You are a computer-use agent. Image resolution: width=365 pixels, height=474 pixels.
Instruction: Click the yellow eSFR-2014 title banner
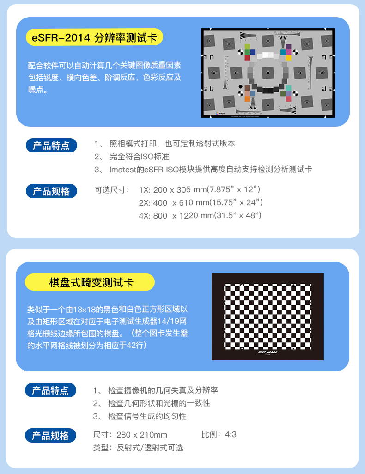click(x=95, y=37)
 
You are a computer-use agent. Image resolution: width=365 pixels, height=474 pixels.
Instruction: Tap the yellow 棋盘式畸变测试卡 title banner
click(x=90, y=282)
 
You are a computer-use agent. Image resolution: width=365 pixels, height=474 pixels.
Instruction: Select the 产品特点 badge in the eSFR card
click(x=51, y=146)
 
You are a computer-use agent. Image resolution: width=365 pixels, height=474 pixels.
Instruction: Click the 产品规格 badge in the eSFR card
click(x=51, y=191)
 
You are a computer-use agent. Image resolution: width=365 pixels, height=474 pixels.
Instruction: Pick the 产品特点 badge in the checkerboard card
click(x=50, y=390)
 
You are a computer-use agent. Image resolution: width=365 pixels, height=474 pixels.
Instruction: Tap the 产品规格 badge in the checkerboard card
click(x=50, y=436)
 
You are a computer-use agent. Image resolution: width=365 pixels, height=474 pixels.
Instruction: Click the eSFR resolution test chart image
click(x=268, y=73)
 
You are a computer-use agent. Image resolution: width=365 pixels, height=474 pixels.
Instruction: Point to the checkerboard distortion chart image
click(x=268, y=316)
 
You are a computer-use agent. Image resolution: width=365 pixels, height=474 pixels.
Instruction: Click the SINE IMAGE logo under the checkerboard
click(x=268, y=352)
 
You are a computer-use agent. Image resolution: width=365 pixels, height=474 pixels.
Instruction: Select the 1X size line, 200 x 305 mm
click(x=200, y=189)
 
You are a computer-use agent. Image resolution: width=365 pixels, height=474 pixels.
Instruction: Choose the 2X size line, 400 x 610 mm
click(x=201, y=202)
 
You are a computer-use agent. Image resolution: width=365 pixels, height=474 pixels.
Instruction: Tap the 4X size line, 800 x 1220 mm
click(x=200, y=215)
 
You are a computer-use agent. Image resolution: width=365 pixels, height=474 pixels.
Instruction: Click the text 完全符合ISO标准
click(x=140, y=157)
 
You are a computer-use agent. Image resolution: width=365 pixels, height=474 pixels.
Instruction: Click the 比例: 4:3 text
click(x=219, y=434)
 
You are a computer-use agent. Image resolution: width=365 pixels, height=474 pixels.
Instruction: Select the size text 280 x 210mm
click(x=142, y=435)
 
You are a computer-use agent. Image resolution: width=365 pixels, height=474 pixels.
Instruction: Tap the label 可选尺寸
click(x=112, y=189)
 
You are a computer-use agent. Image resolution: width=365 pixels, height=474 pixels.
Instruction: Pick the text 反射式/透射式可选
click(x=150, y=447)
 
